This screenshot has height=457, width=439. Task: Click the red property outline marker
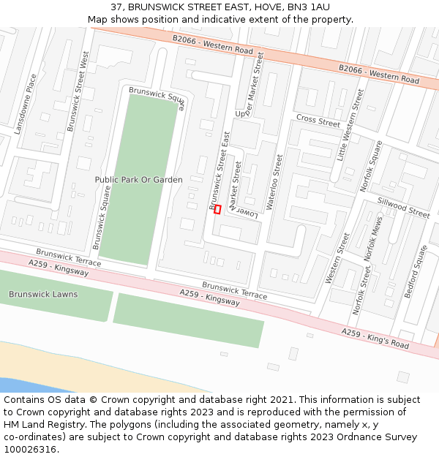click(x=217, y=209)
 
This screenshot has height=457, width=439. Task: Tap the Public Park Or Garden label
click(x=138, y=179)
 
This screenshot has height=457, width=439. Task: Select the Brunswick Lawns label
click(x=42, y=294)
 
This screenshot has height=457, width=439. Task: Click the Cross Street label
click(x=318, y=121)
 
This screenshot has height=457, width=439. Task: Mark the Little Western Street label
click(x=350, y=125)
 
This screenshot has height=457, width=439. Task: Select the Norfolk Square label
click(x=371, y=166)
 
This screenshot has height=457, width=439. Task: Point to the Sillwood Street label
click(x=403, y=208)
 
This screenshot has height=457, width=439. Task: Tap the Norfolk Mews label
click(x=372, y=240)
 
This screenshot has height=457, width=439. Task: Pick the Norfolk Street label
click(x=361, y=290)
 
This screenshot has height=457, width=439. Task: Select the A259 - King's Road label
click(x=375, y=338)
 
